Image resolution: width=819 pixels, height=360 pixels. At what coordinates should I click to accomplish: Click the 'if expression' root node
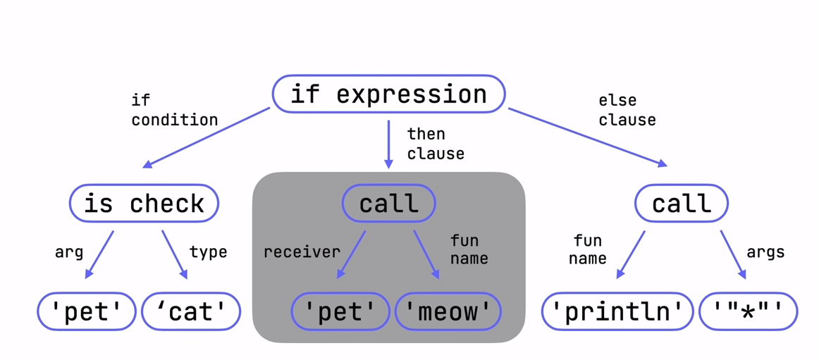[388, 94]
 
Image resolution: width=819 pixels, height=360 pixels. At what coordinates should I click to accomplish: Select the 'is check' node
[144, 203]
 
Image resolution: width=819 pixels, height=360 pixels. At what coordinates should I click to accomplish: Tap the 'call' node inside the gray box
[388, 203]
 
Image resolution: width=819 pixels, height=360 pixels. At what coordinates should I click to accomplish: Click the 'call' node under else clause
[682, 203]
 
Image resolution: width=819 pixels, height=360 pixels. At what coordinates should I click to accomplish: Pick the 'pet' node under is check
[87, 311]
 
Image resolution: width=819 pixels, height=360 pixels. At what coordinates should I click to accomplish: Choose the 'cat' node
[191, 311]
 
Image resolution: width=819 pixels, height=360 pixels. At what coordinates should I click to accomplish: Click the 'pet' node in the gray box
[340, 311]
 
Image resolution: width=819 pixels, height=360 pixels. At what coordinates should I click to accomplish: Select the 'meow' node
[448, 311]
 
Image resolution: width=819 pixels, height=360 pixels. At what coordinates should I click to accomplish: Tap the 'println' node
[618, 311]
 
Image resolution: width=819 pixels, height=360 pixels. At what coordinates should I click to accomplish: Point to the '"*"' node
[749, 311]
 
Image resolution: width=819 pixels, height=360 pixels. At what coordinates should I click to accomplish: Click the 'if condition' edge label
[175, 110]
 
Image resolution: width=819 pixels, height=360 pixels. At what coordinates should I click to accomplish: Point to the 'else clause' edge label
[627, 110]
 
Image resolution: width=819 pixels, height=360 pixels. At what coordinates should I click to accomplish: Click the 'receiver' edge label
[302, 252]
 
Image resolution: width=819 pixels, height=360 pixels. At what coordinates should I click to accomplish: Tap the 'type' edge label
[208, 252]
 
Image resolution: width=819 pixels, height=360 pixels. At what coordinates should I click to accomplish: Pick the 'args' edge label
[765, 252]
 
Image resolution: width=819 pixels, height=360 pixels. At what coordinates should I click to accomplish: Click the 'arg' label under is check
[69, 252]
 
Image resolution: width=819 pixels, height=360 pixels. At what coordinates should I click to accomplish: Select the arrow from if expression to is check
[207, 138]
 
